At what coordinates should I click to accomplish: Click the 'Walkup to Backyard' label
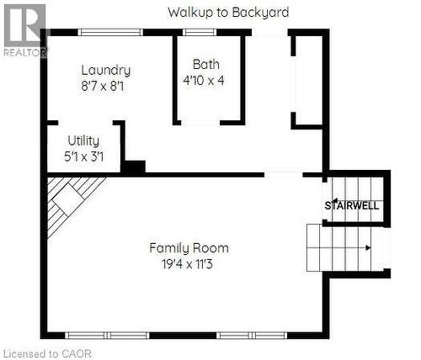(228, 13)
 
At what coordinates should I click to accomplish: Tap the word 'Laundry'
(105, 71)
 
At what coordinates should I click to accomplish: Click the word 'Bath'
(206, 64)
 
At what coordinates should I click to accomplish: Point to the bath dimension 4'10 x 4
(206, 81)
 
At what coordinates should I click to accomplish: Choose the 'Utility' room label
(84, 140)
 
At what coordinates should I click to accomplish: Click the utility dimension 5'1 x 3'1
(84, 156)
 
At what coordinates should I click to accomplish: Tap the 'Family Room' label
(189, 248)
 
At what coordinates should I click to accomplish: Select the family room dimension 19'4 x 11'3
(189, 264)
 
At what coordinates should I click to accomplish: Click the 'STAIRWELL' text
(352, 205)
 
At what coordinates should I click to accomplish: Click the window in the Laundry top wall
(112, 33)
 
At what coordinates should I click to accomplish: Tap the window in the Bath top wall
(200, 33)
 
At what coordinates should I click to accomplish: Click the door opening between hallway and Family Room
(283, 174)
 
